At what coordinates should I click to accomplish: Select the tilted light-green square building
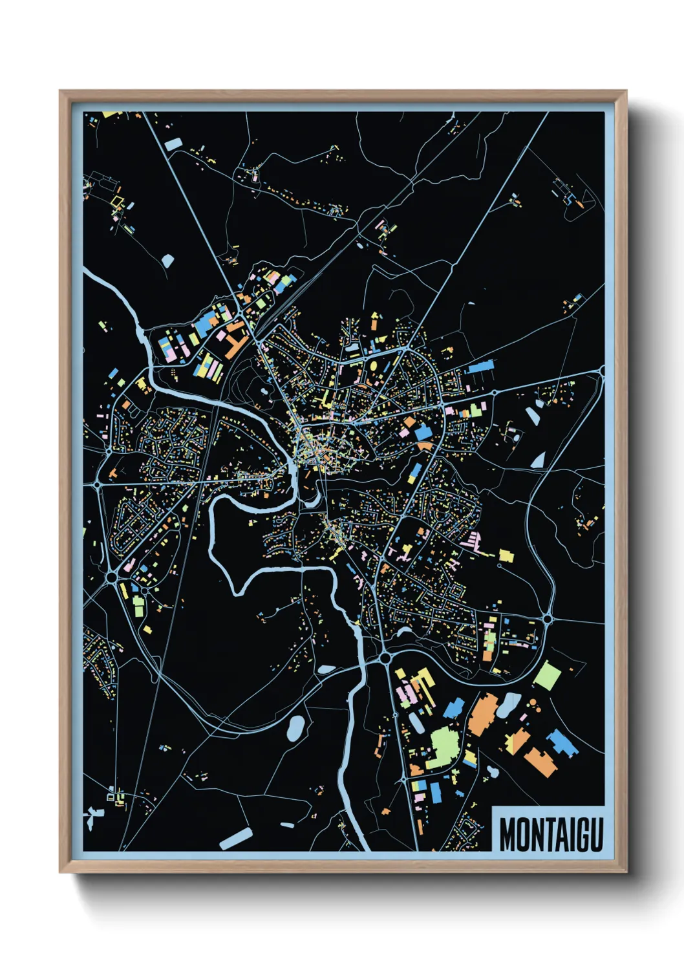pyautogui.click(x=547, y=675)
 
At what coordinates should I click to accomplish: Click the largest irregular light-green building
pyautogui.click(x=444, y=746)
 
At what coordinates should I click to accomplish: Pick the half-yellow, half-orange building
pyautogui.click(x=517, y=740)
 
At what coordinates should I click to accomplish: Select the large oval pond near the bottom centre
pyautogui.click(x=295, y=728)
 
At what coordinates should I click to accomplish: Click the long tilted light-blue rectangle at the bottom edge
pyautogui.click(x=236, y=838)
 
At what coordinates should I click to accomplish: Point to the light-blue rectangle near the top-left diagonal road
pyautogui.click(x=173, y=144)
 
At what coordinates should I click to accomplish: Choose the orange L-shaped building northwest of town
pyautogui.click(x=235, y=341)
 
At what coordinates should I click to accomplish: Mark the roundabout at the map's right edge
pyautogui.click(x=602, y=371)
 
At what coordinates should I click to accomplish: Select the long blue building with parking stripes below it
pyautogui.click(x=480, y=367)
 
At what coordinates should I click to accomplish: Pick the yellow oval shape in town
pyautogui.click(x=373, y=365)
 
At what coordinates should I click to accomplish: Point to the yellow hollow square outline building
pyautogui.click(x=116, y=202)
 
